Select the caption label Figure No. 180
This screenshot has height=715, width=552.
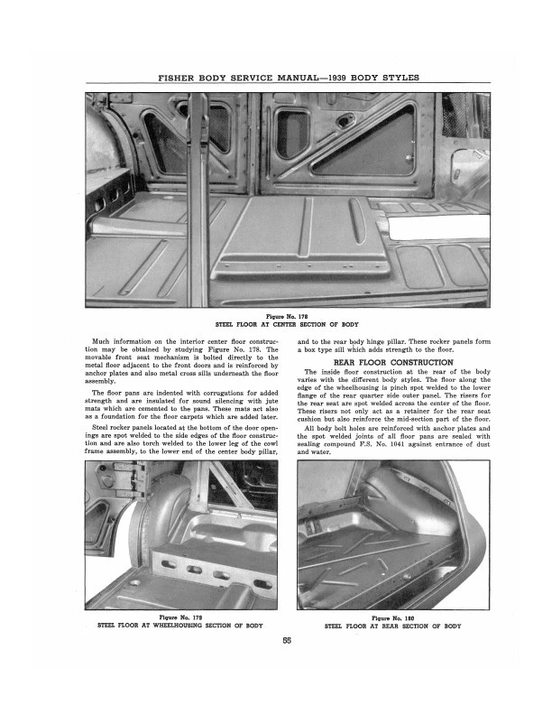[x=393, y=617]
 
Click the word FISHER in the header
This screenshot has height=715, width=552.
[x=179, y=78]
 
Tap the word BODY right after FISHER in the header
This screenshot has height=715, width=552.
[x=214, y=78]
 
